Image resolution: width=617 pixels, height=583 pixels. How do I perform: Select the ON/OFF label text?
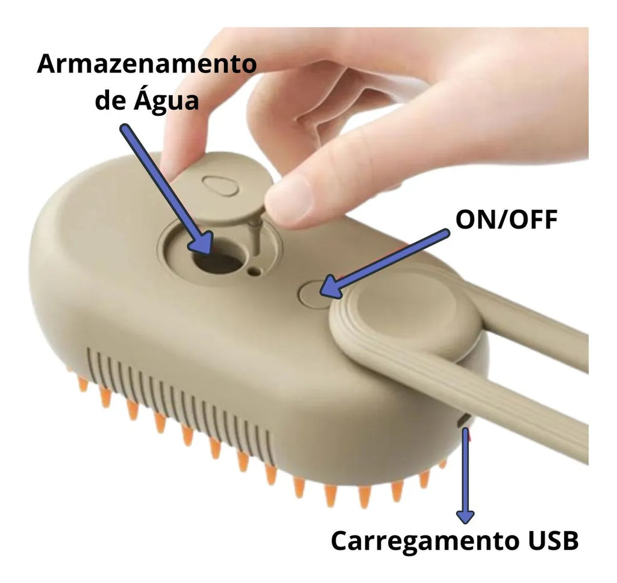[506, 219]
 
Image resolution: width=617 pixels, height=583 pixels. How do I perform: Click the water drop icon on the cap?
[221, 184]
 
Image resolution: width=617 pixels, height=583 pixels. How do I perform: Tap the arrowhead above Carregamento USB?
[465, 516]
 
